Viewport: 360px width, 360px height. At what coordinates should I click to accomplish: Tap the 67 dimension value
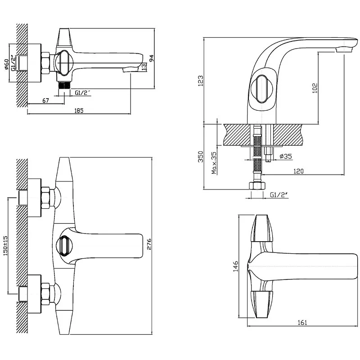45,100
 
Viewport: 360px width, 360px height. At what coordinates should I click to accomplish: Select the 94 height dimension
152,57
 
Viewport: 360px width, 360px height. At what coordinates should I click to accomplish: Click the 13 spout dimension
144,67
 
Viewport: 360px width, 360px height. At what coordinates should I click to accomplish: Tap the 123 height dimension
201,80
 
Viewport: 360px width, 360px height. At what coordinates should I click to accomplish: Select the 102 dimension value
315,87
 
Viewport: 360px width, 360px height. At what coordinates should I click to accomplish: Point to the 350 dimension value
201,156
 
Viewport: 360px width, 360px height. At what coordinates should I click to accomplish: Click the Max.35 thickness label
214,163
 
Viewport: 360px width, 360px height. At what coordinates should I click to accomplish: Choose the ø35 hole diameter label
286,156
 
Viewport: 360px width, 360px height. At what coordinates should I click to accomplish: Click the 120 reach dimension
298,171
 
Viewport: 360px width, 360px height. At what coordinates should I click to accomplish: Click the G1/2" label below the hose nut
279,195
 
